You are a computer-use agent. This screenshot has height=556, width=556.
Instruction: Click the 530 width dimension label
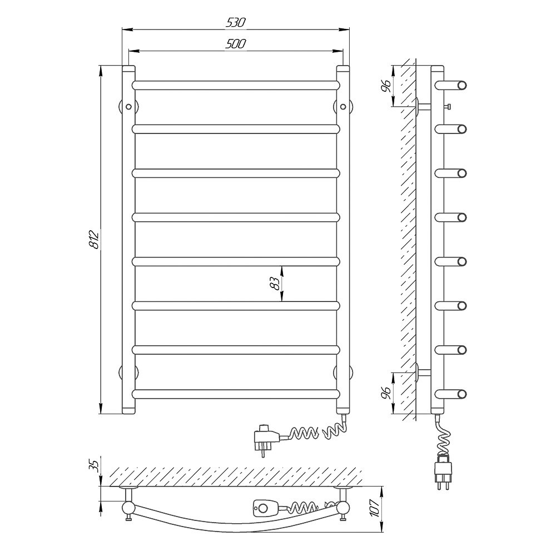(235, 22)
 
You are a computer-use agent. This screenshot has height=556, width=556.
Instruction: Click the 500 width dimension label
(235, 43)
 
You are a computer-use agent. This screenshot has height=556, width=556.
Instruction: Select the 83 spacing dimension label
(275, 284)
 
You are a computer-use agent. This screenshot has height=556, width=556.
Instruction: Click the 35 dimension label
(93, 465)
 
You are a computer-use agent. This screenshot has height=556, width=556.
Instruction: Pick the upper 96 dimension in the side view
(386, 86)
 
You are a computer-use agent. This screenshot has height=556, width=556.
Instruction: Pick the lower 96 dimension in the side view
(386, 393)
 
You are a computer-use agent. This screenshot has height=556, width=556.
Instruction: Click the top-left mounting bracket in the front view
(128, 106)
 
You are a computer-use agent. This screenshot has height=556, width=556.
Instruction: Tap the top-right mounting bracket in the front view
(343, 106)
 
